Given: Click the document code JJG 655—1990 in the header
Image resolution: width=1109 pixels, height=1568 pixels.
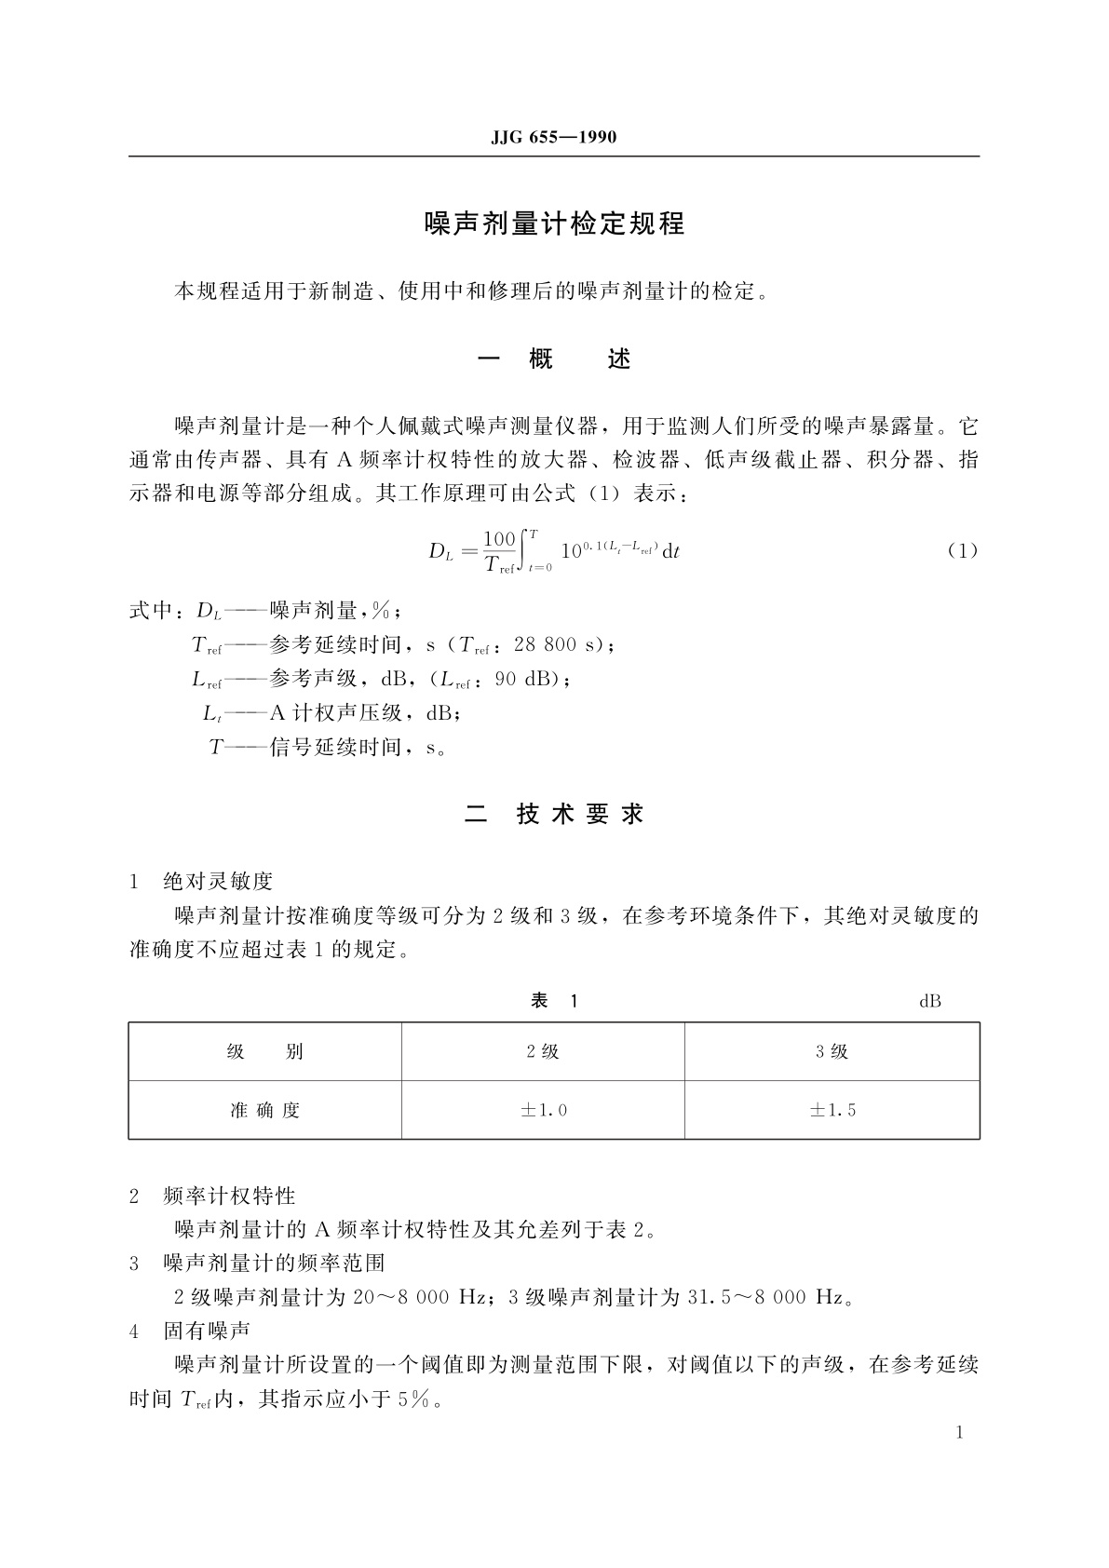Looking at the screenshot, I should [554, 138].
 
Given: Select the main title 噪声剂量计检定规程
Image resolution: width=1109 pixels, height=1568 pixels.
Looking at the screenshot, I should [554, 224].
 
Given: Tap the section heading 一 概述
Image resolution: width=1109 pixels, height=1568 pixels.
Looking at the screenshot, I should [554, 359].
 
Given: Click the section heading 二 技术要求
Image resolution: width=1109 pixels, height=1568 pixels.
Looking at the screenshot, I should [554, 814].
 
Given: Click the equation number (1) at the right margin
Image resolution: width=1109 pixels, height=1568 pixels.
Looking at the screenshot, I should [963, 550].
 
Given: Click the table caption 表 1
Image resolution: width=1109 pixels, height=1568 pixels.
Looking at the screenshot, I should [554, 1001].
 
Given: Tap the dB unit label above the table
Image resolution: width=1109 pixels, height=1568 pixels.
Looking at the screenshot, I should [929, 1002].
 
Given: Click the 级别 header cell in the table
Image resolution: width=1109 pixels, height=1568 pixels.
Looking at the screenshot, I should [265, 1052].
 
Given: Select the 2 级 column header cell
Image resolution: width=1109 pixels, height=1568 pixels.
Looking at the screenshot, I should [543, 1052].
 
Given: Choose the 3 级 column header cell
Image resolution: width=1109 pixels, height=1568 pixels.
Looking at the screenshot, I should [832, 1052].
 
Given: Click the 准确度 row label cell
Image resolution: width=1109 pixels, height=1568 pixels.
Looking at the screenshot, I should [265, 1110].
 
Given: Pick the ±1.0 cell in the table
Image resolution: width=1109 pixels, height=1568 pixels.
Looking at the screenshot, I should [543, 1110].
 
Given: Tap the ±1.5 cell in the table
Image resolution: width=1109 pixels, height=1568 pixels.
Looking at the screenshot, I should [832, 1110].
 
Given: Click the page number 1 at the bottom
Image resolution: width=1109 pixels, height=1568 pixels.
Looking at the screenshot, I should [960, 1432].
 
